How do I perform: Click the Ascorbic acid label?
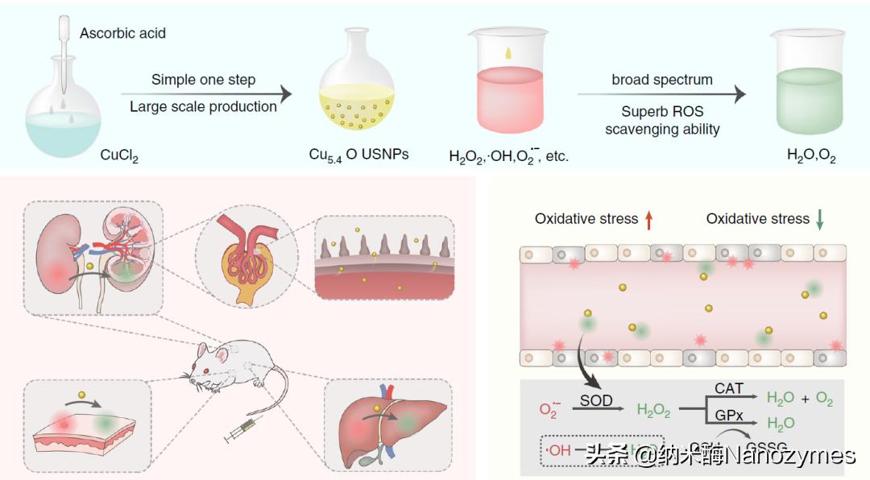click(x=123, y=33)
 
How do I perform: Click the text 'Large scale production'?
click(x=203, y=106)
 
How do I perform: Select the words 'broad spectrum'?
click(x=662, y=80)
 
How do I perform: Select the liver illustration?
click(x=391, y=423)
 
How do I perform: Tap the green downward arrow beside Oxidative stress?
click(x=820, y=218)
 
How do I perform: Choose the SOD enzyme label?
click(x=596, y=400)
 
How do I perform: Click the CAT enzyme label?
click(x=729, y=388)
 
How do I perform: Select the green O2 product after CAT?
click(x=823, y=399)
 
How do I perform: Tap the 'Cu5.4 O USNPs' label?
click(x=358, y=155)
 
